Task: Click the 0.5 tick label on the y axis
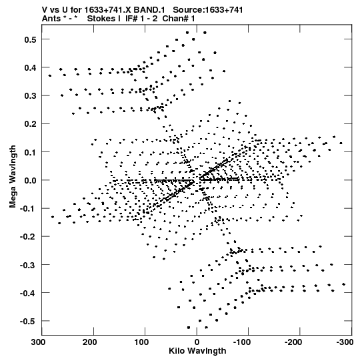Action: pos(30,39)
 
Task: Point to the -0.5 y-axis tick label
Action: pos(28,322)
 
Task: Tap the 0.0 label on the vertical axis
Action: pos(30,180)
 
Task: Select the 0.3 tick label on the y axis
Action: pos(30,96)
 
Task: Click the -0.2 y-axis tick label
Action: pos(28,237)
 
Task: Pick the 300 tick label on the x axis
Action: pos(39,342)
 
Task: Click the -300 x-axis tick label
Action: pos(345,342)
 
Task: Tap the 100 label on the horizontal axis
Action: pos(141,342)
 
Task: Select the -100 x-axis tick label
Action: pos(241,342)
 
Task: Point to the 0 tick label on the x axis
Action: pos(197,342)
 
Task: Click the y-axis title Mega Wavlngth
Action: pos(13,177)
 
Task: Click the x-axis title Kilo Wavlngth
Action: pos(197,351)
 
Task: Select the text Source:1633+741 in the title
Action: pos(208,10)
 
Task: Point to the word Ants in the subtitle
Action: pos(51,19)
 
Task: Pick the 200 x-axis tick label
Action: pos(90,342)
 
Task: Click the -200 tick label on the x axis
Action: pos(293,342)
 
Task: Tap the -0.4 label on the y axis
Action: pos(28,294)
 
